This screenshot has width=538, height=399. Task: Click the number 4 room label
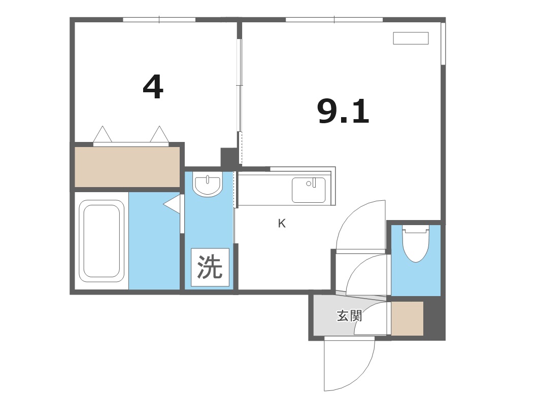pyautogui.click(x=153, y=87)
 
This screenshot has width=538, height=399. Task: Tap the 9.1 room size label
pyautogui.click(x=343, y=112)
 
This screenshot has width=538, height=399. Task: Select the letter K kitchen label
pyautogui.click(x=282, y=224)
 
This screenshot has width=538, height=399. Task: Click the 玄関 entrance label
pyautogui.click(x=349, y=316)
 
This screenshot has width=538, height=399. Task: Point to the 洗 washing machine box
pyautogui.click(x=210, y=267)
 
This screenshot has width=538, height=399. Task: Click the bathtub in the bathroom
pyautogui.click(x=102, y=240)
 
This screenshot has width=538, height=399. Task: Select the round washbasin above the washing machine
pyautogui.click(x=208, y=186)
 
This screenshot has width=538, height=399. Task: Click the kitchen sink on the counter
pyautogui.click(x=308, y=190)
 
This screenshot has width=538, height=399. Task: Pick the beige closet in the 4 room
pyautogui.click(x=127, y=166)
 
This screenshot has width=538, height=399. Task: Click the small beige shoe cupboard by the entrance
pyautogui.click(x=407, y=318)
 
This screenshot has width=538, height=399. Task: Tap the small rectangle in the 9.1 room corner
pyautogui.click(x=411, y=38)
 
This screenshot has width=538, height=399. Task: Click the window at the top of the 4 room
pyautogui.click(x=159, y=20)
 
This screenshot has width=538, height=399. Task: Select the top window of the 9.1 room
pyautogui.click(x=334, y=20)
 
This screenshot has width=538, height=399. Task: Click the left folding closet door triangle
pyautogui.click(x=103, y=134)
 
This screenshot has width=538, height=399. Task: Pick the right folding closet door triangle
pyautogui.click(x=159, y=134)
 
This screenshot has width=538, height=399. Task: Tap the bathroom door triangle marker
pyautogui.click(x=173, y=204)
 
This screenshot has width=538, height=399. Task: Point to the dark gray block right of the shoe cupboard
pyautogui.click(x=434, y=318)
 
